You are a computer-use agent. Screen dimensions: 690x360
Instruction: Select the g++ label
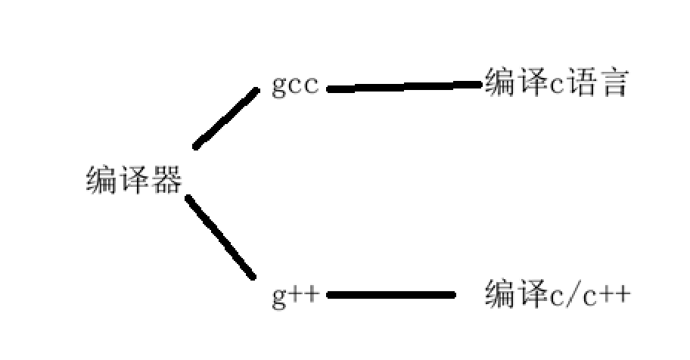[296, 295]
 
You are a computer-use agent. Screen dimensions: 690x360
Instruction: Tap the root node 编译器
[134, 181]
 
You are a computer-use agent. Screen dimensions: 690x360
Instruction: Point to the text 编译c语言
[556, 83]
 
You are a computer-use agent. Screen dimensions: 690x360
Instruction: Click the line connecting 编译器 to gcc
[226, 118]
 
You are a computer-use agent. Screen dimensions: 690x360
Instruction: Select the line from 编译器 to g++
[220, 237]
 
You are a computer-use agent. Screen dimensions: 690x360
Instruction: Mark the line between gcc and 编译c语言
[405, 87]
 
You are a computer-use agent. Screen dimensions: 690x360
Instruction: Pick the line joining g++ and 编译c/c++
[390, 295]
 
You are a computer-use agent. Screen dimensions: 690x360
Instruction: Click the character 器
[168, 181]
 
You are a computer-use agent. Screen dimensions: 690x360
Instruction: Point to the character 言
[614, 83]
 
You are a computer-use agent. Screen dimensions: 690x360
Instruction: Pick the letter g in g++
[279, 296]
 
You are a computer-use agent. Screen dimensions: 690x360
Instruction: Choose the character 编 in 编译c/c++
[499, 293]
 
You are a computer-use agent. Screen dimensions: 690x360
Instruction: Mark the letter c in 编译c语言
[556, 85]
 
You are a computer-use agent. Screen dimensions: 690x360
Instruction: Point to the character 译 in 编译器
[134, 181]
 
